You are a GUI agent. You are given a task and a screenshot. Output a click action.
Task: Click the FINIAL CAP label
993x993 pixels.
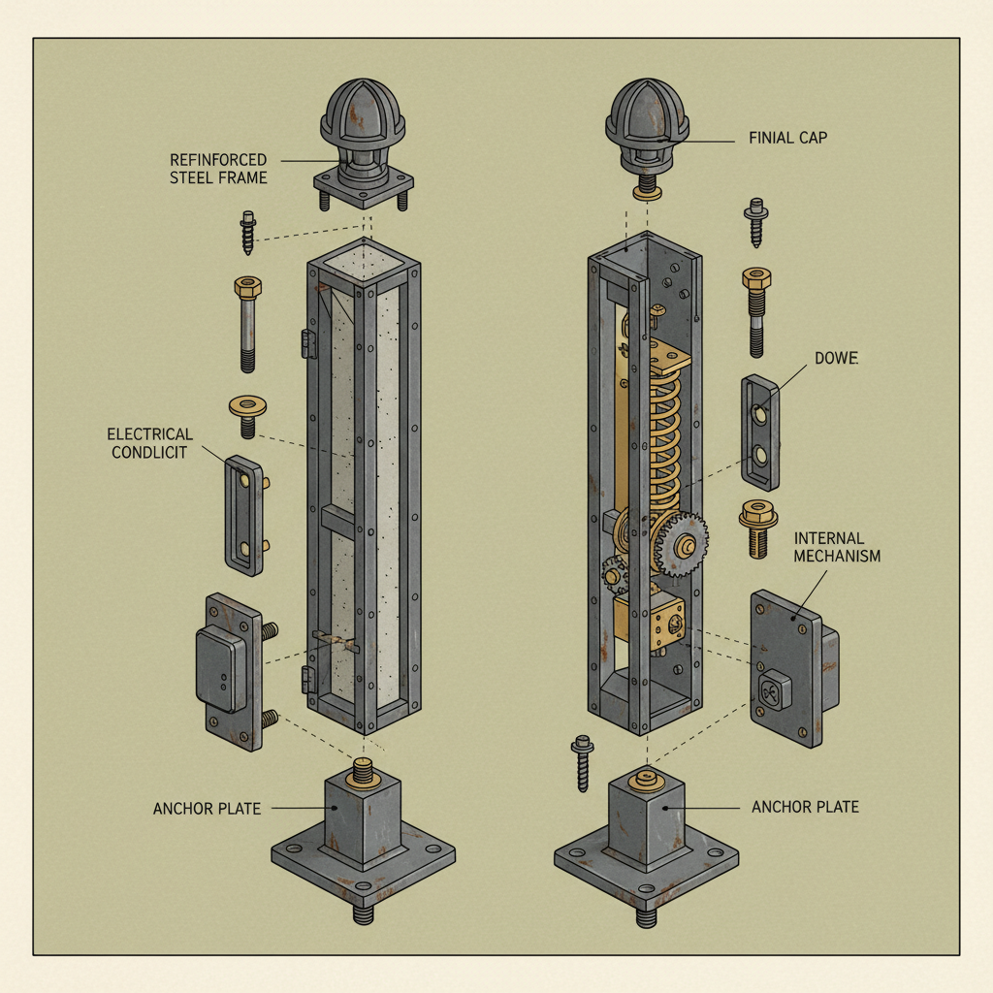[x=787, y=139]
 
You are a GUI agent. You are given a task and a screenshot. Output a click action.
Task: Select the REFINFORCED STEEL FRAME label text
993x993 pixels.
[x=218, y=168]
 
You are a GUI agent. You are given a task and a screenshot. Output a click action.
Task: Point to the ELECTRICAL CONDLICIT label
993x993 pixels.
[x=150, y=443]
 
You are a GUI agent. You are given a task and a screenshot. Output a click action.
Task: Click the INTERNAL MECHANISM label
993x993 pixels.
[x=837, y=547]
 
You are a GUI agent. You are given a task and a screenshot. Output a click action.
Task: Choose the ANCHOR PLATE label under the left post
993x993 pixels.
[x=207, y=808]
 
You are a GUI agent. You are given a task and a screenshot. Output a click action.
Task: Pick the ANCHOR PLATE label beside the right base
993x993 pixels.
[x=805, y=806]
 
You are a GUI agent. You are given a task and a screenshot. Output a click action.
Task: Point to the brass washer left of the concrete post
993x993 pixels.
[x=248, y=407]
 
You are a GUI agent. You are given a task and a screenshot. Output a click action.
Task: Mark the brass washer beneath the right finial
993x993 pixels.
[x=647, y=192]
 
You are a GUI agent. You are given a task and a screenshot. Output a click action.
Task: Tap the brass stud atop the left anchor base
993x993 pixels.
[x=363, y=773]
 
